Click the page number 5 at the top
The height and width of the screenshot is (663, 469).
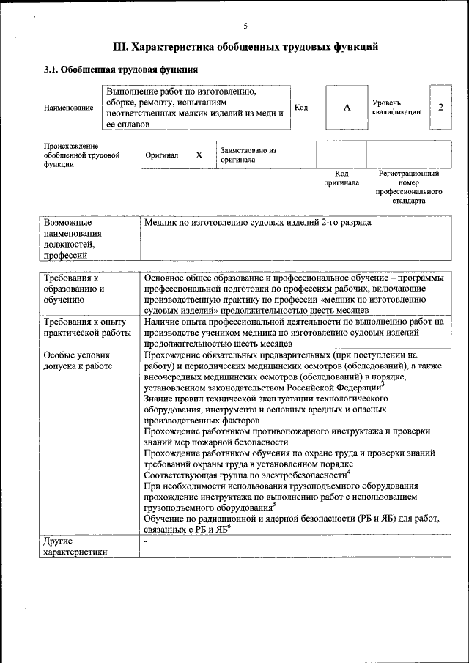[245, 26]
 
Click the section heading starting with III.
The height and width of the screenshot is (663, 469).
[245, 48]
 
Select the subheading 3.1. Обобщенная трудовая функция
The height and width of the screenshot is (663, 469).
[120, 71]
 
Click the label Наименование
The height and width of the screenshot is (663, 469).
[68, 108]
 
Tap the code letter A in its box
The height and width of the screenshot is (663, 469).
[347, 108]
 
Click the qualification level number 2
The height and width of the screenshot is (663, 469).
[440, 108]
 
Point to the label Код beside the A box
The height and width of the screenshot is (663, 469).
[300, 108]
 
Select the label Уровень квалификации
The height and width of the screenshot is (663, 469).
[396, 108]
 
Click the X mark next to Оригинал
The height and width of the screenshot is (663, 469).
[199, 155]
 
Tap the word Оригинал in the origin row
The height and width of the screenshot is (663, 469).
[162, 155]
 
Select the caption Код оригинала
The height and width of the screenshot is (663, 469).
[341, 178]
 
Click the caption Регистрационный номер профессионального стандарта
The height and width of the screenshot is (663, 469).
[408, 187]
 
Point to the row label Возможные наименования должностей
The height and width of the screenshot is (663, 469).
[72, 239]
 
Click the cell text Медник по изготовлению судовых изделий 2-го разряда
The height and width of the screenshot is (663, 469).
[257, 222]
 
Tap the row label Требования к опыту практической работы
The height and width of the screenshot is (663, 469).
[84, 327]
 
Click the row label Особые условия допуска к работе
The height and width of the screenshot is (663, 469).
[77, 360]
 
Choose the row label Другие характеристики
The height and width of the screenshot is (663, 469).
[75, 547]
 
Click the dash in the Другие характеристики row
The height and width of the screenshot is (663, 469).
[147, 542]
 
